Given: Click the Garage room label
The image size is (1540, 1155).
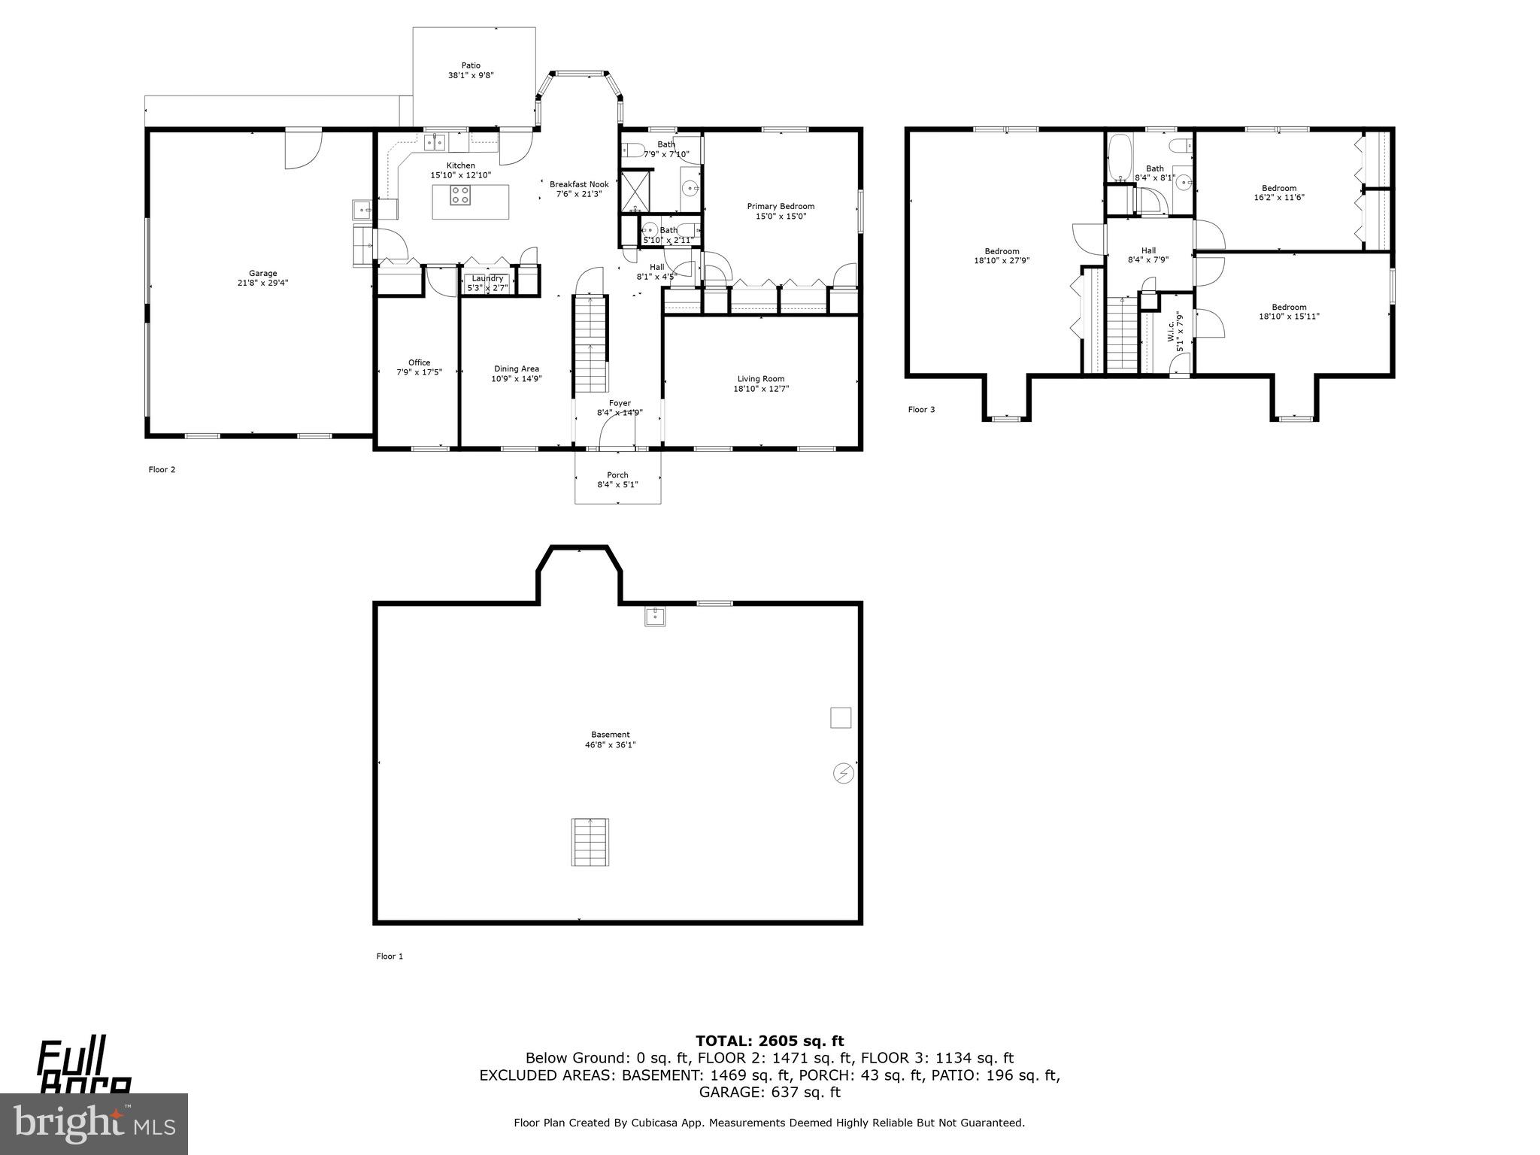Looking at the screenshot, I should (x=263, y=274).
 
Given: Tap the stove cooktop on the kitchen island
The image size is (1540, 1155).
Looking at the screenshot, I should (x=460, y=196).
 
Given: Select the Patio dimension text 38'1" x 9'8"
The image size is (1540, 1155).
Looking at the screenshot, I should (x=471, y=75).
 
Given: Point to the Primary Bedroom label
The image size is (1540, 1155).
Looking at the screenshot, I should (x=781, y=206).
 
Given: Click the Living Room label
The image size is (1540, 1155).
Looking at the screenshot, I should (x=761, y=379).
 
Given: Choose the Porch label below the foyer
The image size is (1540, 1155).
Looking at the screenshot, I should (x=617, y=475).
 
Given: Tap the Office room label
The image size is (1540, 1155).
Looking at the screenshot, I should (x=419, y=362).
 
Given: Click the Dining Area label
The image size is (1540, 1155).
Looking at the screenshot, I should (x=517, y=368).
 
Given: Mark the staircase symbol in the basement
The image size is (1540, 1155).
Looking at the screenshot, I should (x=590, y=841).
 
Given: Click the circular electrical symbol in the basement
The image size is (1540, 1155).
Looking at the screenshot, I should (x=844, y=773).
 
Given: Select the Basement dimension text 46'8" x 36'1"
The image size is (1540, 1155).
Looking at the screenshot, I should (x=610, y=745).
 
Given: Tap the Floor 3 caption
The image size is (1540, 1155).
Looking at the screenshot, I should (x=921, y=410).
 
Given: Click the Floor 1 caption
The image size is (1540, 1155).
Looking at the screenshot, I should (x=390, y=956).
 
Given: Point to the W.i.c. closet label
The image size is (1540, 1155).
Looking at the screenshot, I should (x=1171, y=332).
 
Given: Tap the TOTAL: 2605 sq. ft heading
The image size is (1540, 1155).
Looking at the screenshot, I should (x=769, y=1041).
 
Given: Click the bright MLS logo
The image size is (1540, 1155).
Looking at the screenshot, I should (x=94, y=1123).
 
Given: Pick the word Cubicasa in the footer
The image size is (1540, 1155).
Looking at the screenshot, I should (x=647, y=1123).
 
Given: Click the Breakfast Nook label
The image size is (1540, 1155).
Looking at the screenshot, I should (x=579, y=184).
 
